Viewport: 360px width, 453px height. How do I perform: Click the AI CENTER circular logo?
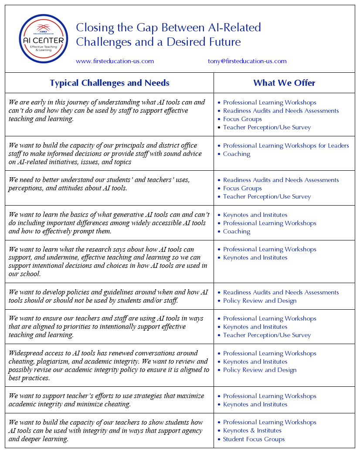click(44, 39)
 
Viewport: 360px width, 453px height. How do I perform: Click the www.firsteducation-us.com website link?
click(115, 61)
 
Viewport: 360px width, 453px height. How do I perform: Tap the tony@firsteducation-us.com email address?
click(247, 61)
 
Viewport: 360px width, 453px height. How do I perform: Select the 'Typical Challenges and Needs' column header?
click(109, 83)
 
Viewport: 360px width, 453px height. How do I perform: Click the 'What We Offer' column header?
click(284, 83)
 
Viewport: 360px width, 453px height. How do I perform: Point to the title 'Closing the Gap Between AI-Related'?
click(168, 28)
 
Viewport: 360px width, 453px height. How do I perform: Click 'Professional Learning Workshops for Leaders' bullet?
click(286, 145)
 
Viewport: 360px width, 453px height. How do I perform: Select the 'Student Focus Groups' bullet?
click(254, 439)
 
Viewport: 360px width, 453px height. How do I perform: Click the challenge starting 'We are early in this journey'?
click(106, 111)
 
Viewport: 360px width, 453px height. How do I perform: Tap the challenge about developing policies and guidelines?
click(108, 296)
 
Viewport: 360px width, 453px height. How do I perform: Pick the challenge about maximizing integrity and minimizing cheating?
click(106, 400)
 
